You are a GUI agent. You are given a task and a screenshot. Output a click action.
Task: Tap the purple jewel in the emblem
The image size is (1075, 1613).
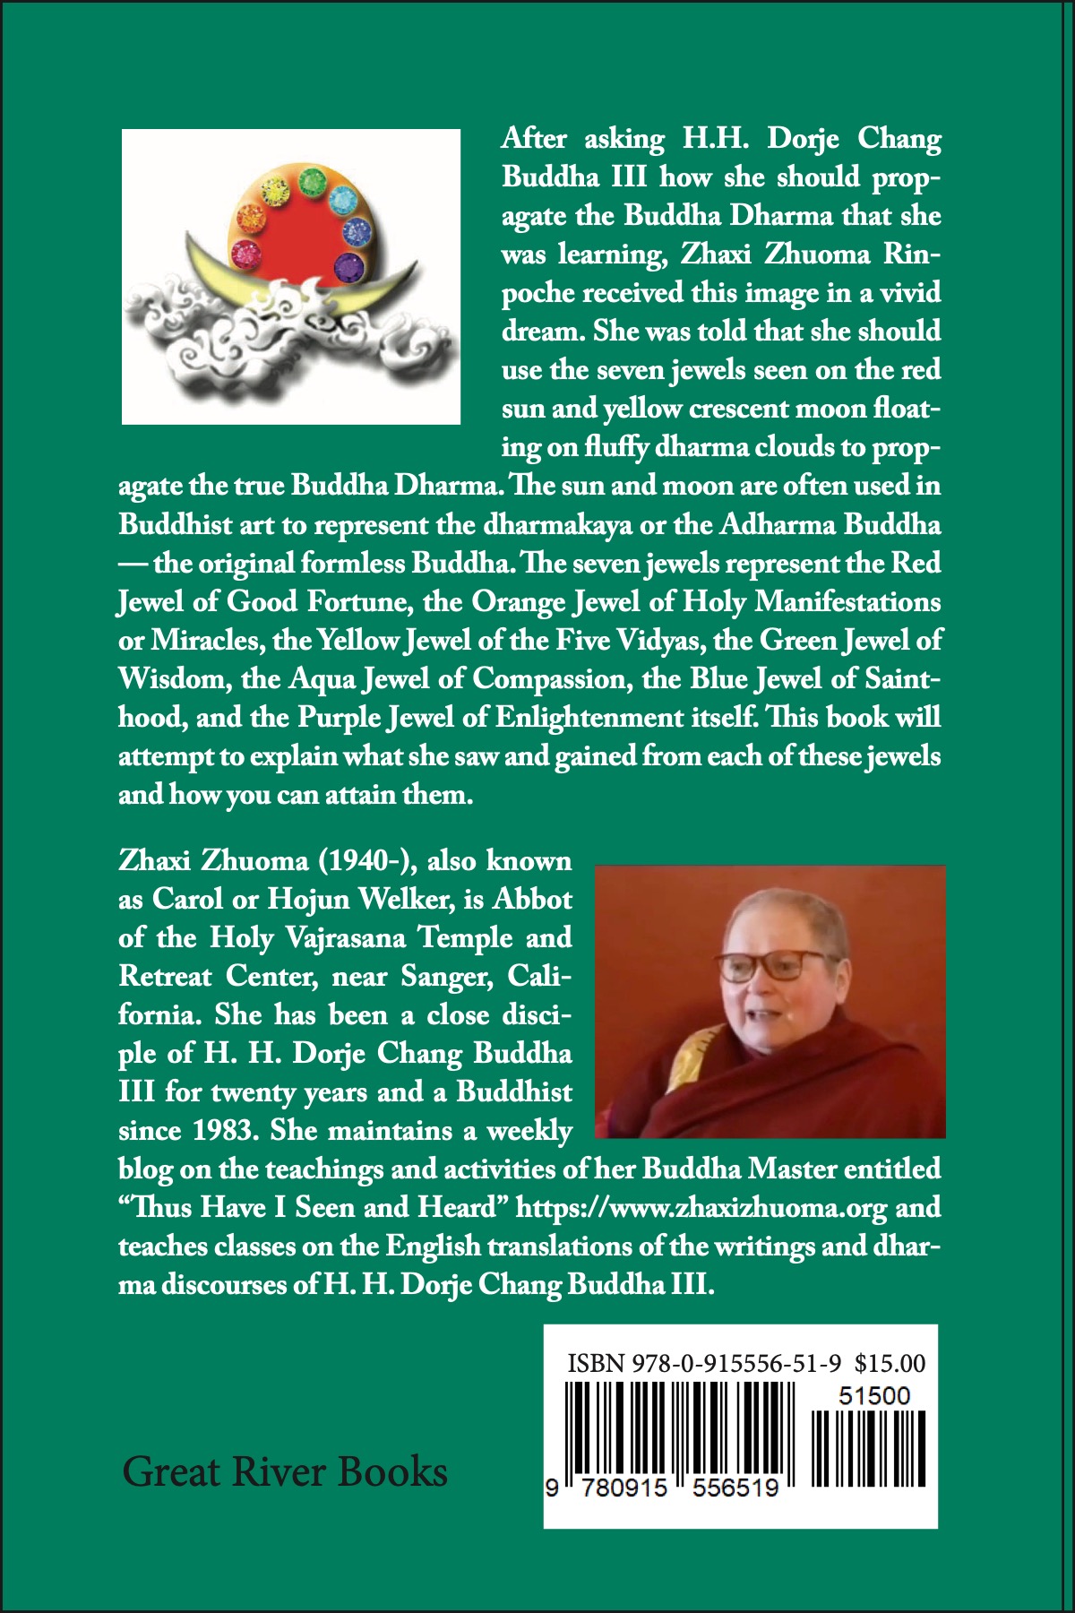[347, 264]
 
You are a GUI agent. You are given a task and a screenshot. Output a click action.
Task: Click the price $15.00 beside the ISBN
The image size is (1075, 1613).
[890, 1364]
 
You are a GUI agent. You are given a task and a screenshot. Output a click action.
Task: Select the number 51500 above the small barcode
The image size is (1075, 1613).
[873, 1396]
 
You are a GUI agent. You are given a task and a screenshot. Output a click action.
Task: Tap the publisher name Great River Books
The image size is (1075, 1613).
[285, 1472]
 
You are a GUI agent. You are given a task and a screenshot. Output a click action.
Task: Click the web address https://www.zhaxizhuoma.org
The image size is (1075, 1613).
[701, 1208]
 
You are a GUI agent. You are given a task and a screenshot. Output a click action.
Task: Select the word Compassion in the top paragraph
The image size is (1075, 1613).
[548, 678]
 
